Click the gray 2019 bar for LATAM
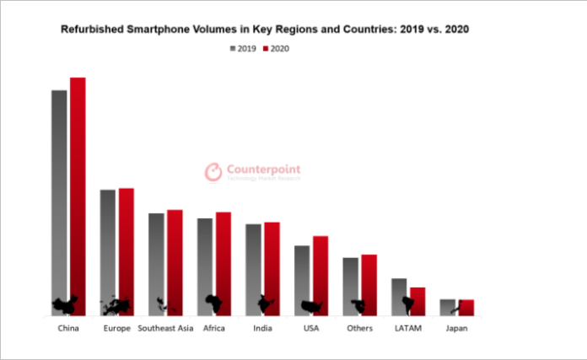(x=399, y=295)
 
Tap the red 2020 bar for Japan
(x=466, y=307)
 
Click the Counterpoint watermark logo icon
(x=213, y=173)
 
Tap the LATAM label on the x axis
(x=408, y=328)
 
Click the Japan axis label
(x=456, y=328)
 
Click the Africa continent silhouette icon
(x=214, y=302)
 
